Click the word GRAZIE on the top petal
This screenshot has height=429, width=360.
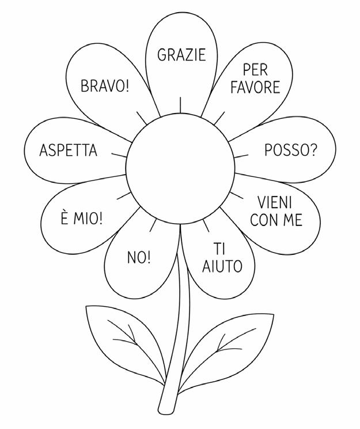[x=181, y=55]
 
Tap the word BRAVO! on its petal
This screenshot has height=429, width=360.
[x=105, y=87]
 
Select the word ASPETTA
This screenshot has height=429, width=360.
[x=68, y=150]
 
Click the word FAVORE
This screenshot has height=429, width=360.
[x=255, y=88]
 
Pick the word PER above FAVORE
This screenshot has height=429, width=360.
[x=255, y=70]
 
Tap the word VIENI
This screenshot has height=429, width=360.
[x=275, y=202]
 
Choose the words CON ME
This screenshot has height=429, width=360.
[x=276, y=220]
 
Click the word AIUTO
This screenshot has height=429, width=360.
[x=222, y=266]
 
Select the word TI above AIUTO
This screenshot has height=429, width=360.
[x=219, y=249]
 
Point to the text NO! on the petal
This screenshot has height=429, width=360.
[x=138, y=257]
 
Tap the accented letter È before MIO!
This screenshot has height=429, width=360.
[x=65, y=219]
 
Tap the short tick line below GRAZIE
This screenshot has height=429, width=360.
[x=180, y=105]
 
